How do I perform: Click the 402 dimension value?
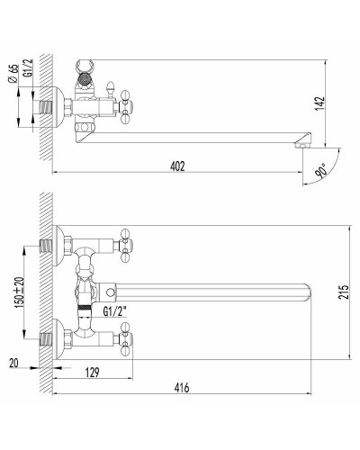tap(177, 166)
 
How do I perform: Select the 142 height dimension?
tap(320, 103)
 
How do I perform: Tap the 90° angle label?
tap(321, 171)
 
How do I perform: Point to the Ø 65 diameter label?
tap(13, 74)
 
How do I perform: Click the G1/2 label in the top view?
tap(28, 68)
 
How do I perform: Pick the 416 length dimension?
tap(182, 388)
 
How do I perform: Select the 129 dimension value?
tap(92, 373)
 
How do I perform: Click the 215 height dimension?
tap(345, 292)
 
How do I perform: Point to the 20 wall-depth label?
tap(13, 363)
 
